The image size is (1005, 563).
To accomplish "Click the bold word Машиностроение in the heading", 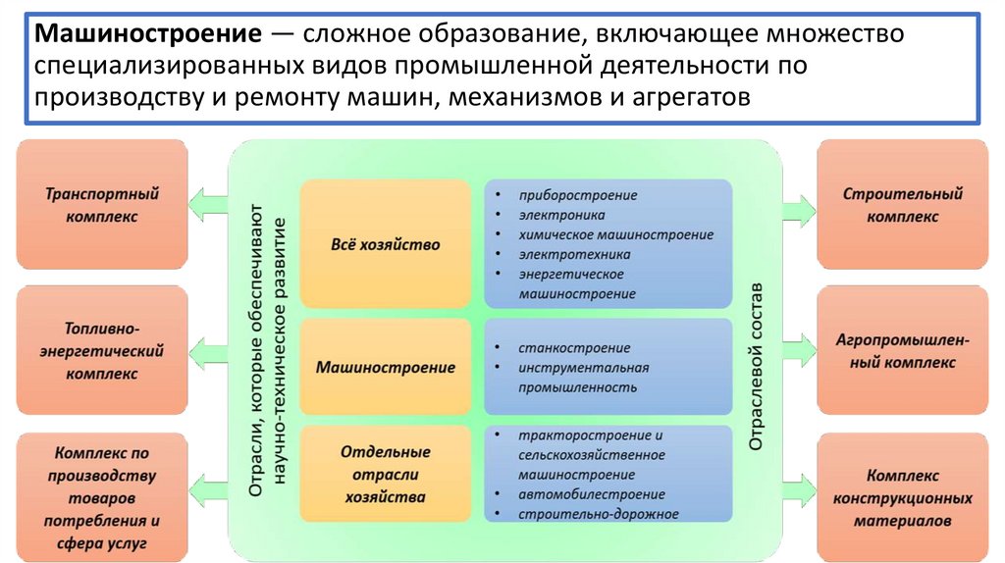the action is click(148, 35).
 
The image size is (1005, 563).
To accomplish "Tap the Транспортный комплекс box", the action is click(102, 205).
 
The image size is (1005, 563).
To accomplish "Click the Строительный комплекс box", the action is click(902, 205).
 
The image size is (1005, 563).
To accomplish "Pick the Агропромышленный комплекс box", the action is click(902, 351).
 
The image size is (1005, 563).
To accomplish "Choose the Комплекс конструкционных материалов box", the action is click(902, 497).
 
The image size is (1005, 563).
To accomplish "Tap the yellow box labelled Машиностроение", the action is click(386, 368).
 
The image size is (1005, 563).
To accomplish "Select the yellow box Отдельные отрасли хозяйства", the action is click(385, 475).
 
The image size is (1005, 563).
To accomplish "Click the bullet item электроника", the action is click(562, 215).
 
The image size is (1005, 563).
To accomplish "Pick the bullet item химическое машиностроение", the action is click(616, 235).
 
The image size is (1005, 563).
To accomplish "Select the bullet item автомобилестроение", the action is click(592, 494).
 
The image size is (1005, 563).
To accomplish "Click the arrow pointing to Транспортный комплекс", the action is click(206, 204).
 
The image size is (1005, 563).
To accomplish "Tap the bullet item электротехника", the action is click(569, 255).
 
